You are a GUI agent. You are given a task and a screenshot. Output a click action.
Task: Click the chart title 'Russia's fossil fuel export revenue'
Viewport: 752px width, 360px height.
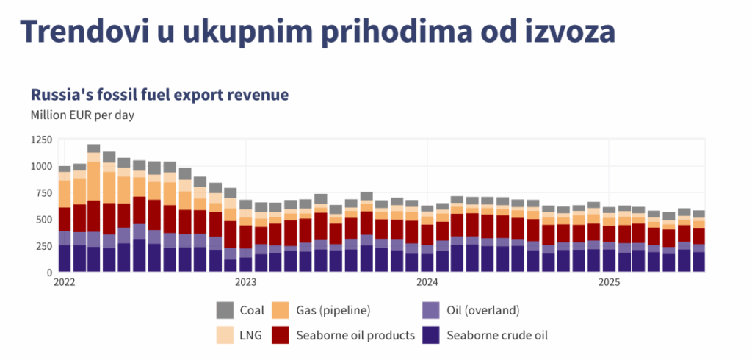(159, 95)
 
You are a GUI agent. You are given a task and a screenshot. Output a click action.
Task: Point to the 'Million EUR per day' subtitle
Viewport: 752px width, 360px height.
(82, 115)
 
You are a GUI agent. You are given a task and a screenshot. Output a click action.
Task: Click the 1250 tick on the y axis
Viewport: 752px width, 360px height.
(41, 140)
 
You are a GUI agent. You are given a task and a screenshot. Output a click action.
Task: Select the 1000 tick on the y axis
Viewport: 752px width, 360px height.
(41, 167)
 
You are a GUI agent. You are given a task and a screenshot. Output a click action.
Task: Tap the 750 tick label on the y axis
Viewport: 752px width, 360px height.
(43, 193)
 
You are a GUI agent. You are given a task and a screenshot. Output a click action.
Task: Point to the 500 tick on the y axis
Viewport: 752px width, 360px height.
(43, 220)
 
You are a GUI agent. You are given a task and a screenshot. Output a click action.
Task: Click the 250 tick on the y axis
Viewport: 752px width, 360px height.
(43, 246)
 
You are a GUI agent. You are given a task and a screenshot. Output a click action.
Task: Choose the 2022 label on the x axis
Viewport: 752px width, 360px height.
(65, 282)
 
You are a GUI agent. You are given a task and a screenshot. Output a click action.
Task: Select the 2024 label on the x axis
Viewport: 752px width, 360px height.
(427, 282)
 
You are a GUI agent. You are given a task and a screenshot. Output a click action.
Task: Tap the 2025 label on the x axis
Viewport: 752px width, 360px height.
(609, 282)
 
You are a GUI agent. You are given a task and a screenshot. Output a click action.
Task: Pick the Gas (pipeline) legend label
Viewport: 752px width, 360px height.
(333, 310)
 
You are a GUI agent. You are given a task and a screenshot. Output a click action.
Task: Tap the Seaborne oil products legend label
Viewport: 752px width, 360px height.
(355, 336)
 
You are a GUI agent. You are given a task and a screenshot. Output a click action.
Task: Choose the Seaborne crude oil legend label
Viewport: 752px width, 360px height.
(498, 336)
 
